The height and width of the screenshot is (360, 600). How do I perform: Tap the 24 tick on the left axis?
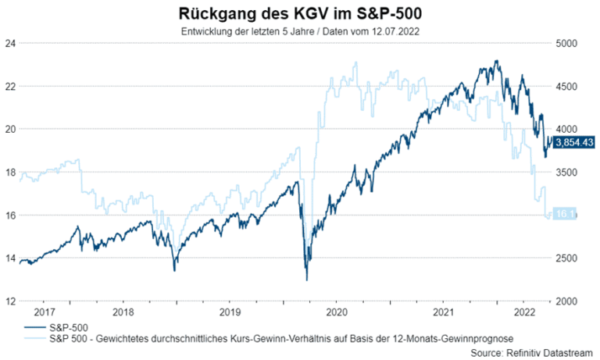tap(10, 43)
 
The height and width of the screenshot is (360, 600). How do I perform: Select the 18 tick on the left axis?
tap(10, 172)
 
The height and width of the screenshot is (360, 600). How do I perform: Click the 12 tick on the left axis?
tap(10, 301)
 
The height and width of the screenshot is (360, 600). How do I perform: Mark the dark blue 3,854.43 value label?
tap(574, 141)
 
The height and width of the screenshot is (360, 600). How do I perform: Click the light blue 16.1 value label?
tap(565, 213)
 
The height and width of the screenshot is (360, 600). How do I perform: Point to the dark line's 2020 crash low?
tap(306, 280)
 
